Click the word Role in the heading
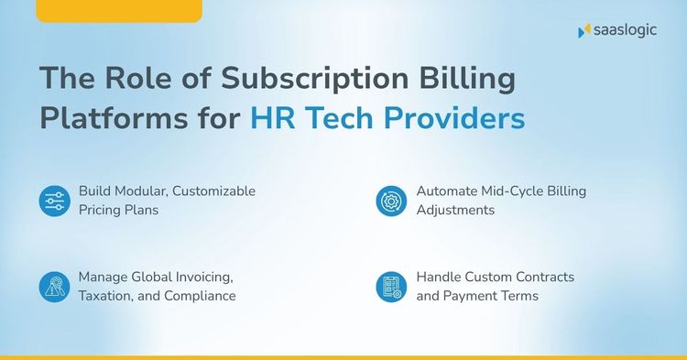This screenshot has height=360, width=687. click(x=134, y=79)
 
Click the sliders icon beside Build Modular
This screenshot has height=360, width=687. click(x=54, y=201)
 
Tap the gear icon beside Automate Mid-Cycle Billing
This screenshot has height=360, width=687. click(x=391, y=201)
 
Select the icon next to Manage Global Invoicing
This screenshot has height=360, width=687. click(x=54, y=287)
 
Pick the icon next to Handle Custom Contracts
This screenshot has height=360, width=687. click(x=391, y=287)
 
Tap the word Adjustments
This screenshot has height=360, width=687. click(x=456, y=210)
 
